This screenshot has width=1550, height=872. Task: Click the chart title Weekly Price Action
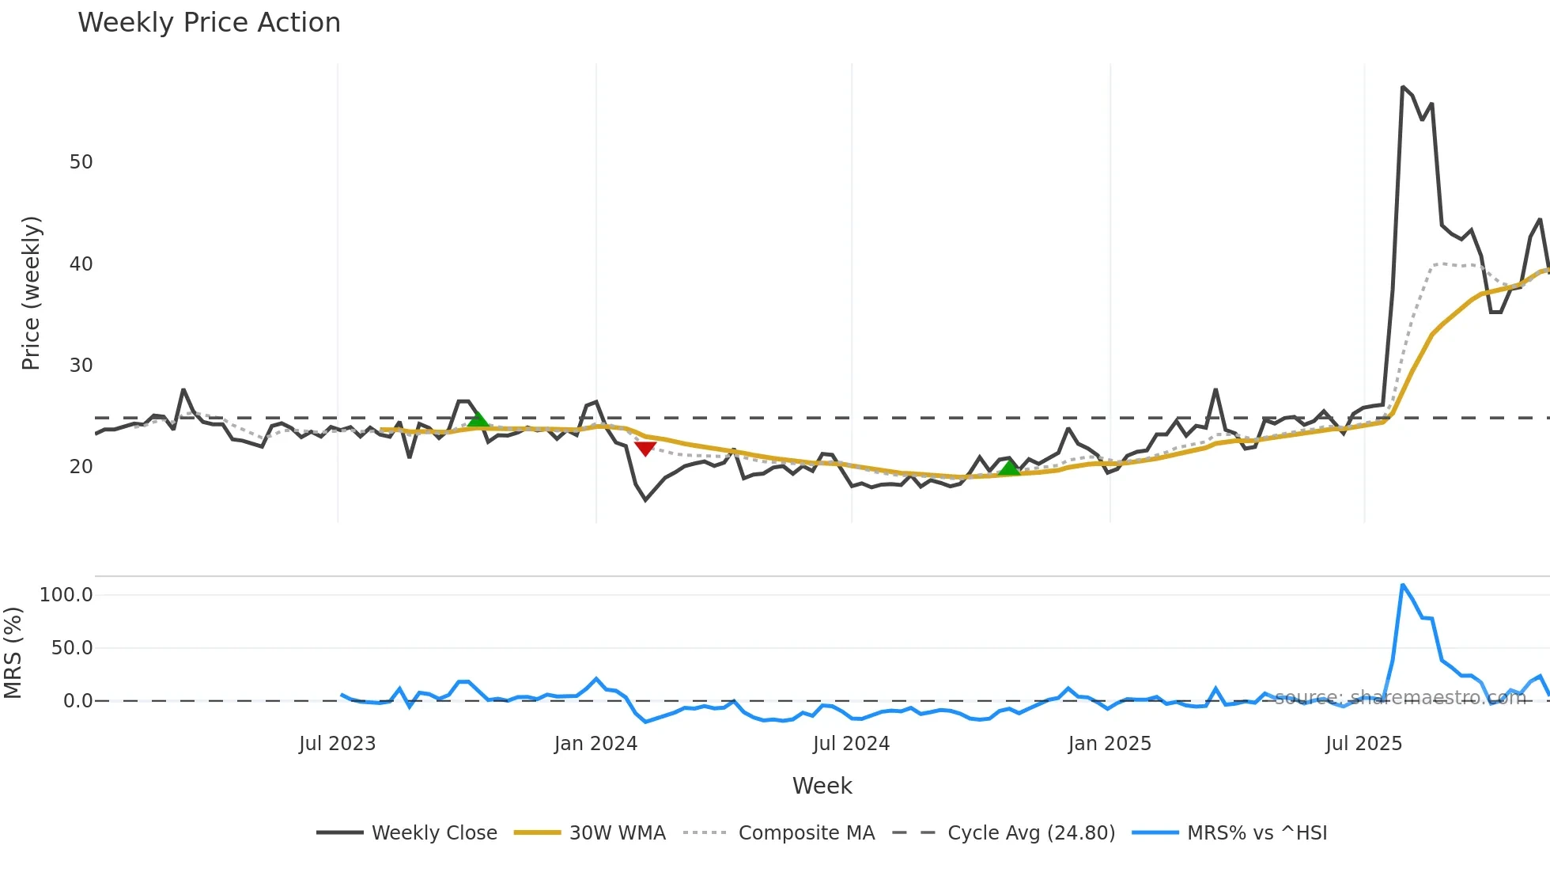coord(209,23)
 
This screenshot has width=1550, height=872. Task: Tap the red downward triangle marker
coord(645,449)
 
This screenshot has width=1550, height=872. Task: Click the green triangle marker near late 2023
coord(478,419)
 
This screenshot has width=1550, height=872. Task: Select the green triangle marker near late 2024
coord(1009,468)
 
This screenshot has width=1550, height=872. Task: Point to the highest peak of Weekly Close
coord(1402,87)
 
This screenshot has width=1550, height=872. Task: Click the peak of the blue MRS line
coord(1402,586)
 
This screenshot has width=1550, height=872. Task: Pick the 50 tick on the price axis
coord(81,162)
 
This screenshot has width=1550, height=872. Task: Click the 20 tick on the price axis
coord(81,467)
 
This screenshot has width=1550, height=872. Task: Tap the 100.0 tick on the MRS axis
coord(66,595)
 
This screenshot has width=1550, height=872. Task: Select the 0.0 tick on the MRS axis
coord(77,701)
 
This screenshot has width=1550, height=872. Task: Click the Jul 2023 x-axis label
coord(337,744)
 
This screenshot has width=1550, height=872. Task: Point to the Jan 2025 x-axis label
coord(1109,744)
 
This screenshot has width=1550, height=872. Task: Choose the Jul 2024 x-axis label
coord(851,744)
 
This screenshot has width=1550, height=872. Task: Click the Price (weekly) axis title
coord(30,293)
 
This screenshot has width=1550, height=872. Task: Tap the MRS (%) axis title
coord(13,653)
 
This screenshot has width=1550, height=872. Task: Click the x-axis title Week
coord(822,786)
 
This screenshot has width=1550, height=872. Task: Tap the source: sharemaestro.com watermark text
coord(1400,698)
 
